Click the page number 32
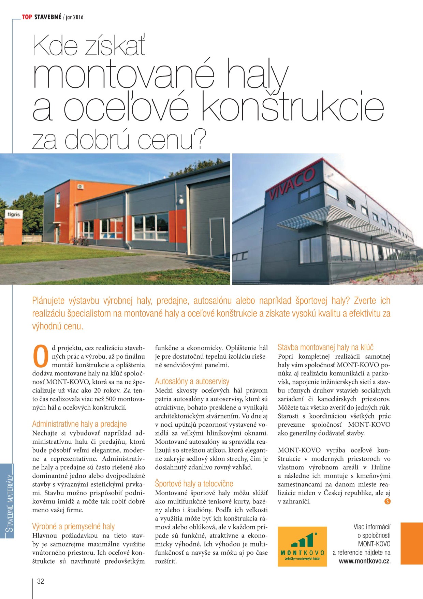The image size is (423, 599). click(41, 581)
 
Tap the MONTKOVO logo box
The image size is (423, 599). click(302, 546)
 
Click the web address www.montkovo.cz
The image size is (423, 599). click(364, 561)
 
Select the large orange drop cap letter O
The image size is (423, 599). click(41, 356)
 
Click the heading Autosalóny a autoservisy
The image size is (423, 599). click(192, 381)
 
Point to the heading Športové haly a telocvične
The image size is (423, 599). click(194, 484)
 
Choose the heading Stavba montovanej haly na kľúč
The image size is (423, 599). click(325, 347)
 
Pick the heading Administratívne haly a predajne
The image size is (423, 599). click(79, 424)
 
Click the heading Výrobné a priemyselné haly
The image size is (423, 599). click(73, 526)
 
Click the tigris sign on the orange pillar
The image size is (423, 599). click(14, 214)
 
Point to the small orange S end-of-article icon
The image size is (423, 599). click(387, 501)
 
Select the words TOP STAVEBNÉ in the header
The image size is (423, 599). click(42, 17)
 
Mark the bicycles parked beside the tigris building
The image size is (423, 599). click(81, 241)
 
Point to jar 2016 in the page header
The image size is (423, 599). click(75, 17)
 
